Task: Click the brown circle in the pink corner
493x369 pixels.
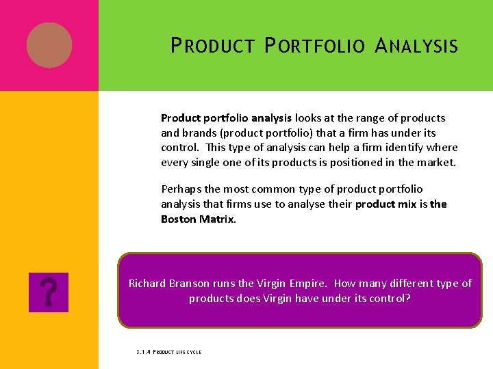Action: tap(49, 45)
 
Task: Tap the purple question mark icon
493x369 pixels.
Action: tap(49, 292)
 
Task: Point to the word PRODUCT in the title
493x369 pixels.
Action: tap(213, 46)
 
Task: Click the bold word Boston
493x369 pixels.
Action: tap(179, 219)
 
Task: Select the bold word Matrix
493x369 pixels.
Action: tap(217, 219)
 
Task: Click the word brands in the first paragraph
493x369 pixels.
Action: tap(199, 133)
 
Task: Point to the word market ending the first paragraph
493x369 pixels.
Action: tap(437, 163)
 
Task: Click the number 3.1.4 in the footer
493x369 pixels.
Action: tap(142, 353)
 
